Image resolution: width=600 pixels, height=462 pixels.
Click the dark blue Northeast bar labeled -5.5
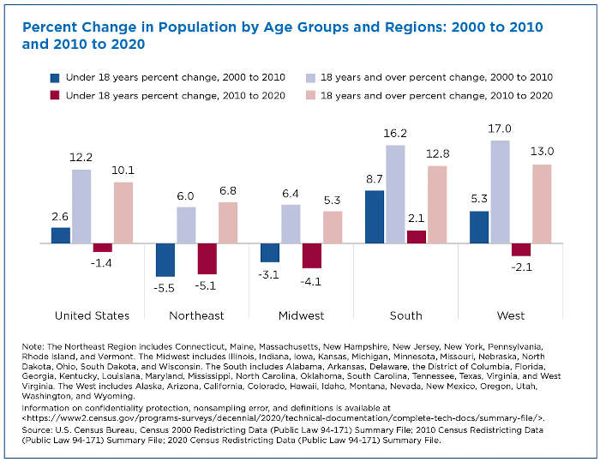coord(165,260)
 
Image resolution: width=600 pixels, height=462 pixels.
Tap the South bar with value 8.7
coord(375,217)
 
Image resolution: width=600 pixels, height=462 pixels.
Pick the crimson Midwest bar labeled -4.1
coord(312,255)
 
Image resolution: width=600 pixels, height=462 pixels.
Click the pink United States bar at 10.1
coord(123,213)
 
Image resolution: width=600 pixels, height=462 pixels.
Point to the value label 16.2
coord(395,135)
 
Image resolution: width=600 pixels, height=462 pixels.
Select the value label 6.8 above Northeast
coord(228,191)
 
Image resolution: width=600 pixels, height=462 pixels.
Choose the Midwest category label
coord(301,315)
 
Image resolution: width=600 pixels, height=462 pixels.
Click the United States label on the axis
coord(92,315)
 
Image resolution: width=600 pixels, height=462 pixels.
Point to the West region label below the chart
coord(511,315)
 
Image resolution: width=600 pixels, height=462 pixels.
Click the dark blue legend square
coord(56,77)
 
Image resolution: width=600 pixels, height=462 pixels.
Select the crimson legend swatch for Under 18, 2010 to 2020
coord(56,95)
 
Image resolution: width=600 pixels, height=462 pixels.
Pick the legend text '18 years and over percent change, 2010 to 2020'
coord(437,95)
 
